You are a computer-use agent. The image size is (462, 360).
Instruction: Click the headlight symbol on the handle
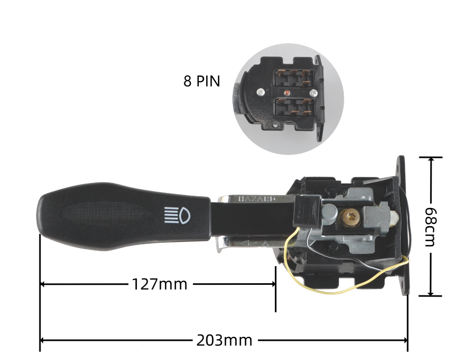click(x=177, y=214)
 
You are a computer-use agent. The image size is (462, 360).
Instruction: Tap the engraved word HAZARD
click(x=257, y=198)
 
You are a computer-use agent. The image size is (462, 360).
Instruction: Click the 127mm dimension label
click(x=160, y=284)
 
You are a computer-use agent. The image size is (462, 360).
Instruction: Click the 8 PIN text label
click(x=202, y=82)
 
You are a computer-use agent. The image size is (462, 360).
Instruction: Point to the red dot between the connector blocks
click(x=287, y=92)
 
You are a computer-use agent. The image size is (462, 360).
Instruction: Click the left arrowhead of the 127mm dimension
click(x=43, y=284)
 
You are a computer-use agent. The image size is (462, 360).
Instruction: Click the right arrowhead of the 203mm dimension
click(x=405, y=340)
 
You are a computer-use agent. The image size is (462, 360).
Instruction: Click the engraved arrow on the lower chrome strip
click(x=250, y=244)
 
